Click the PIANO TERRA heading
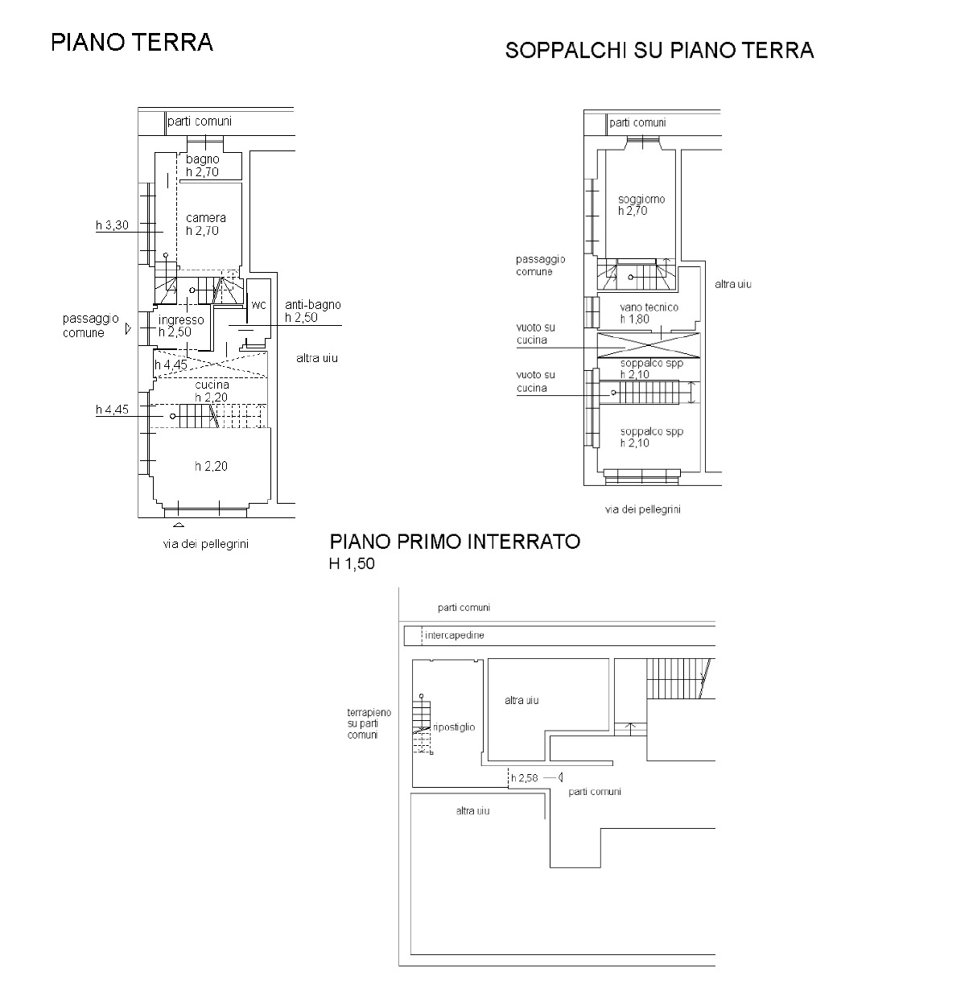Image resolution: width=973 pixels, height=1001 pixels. pos(132,43)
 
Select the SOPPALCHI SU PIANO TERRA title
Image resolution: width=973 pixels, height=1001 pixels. pos(659,51)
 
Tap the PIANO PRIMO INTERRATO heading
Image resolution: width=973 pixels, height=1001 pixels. pos(455,542)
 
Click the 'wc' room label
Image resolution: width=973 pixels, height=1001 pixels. pos(258,305)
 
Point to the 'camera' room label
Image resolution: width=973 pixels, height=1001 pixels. pos(206,218)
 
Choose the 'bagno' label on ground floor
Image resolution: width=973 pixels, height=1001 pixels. pos(202,159)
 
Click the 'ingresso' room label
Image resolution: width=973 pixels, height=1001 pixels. pos(181,319)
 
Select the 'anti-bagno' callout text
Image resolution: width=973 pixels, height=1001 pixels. pos(313,305)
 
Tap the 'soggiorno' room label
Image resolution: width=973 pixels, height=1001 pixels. pos(641,200)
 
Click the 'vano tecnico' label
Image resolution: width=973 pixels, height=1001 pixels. pos(649,307)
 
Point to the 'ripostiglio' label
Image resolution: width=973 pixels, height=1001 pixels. pos(454,727)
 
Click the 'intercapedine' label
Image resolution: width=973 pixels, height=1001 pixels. pos(455,636)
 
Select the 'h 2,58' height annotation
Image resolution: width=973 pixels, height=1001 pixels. pos(524,778)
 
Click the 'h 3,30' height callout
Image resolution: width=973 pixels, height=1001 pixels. pos(112,225)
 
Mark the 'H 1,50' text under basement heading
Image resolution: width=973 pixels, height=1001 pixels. pos(352,564)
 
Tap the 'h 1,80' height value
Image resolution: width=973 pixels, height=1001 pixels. pos(635,319)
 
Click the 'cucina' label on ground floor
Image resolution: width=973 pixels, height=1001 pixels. pos(212,385)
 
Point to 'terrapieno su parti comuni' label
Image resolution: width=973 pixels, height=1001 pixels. pos(369,723)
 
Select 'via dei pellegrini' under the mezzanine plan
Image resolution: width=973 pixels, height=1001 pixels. pos(642,509)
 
